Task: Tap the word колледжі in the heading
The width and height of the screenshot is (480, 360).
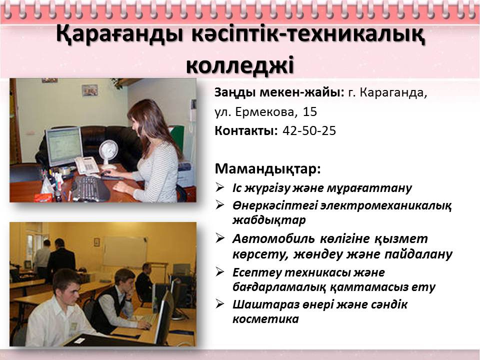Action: pos(240,65)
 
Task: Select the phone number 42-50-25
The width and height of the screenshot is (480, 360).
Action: pos(309,130)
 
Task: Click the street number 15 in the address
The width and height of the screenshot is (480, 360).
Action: pos(310,111)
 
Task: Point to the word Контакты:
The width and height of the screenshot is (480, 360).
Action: pos(246,130)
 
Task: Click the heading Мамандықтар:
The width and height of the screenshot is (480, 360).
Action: pos(268,168)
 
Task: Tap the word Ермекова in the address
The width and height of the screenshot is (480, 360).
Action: pos(265,112)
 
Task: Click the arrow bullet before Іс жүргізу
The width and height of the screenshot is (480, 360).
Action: pos(220,187)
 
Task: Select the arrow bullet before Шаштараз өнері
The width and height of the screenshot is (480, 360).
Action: pos(220,303)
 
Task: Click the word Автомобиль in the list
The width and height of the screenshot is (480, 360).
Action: pos(273,238)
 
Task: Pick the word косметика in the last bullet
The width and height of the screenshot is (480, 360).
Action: pos(265,319)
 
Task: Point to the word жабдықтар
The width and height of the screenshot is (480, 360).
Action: pos(269,220)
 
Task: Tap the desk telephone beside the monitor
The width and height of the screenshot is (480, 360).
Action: pos(86,165)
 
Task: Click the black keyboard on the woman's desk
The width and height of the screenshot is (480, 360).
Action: pos(90,188)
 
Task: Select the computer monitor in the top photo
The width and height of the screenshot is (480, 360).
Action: pos(64,146)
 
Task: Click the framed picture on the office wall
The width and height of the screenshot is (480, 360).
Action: pos(90,90)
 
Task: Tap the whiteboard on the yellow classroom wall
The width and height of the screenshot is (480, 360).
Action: pos(125,251)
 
